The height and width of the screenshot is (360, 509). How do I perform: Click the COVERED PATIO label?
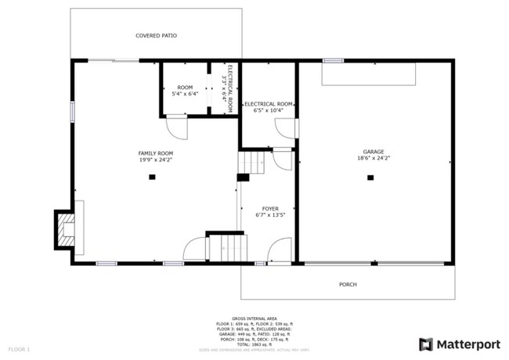click(156, 35)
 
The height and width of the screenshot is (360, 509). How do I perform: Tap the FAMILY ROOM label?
click(155, 153)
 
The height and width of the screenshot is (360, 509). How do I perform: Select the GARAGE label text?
click(373, 152)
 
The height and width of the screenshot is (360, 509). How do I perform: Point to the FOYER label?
click(270, 209)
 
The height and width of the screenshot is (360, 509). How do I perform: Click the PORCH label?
click(348, 284)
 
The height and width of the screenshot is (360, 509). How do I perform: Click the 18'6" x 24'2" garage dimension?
click(373, 158)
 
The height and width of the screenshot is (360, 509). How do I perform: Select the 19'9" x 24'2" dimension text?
click(155, 159)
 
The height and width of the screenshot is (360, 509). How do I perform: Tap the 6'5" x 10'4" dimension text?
click(268, 110)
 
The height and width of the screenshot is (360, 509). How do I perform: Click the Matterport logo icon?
click(426, 344)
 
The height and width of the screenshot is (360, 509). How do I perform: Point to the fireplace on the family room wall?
click(67, 228)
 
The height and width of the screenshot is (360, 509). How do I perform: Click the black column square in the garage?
click(370, 178)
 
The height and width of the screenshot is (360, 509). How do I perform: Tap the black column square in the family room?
click(152, 178)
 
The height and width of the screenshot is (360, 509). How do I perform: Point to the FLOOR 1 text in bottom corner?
click(19, 348)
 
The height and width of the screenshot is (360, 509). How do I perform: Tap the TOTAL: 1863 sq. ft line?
click(254, 344)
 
